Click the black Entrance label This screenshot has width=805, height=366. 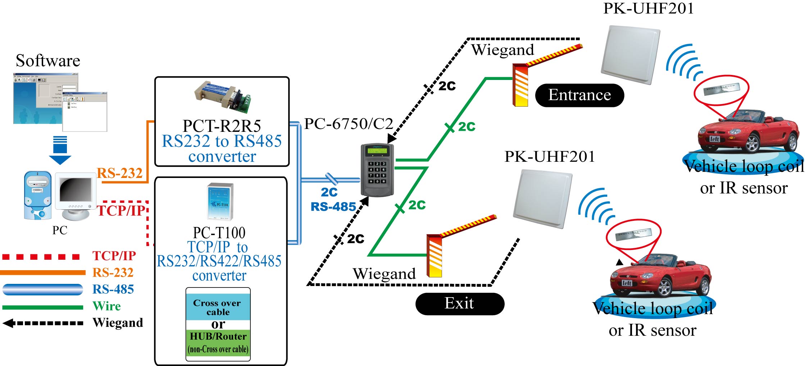(x=579, y=95)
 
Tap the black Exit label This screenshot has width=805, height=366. (x=459, y=304)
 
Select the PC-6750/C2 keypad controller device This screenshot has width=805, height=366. (x=377, y=170)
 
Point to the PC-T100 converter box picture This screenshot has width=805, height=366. (x=220, y=201)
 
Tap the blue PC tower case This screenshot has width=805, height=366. (x=38, y=195)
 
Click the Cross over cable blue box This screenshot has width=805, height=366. (x=218, y=307)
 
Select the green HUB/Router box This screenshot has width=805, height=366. (x=218, y=343)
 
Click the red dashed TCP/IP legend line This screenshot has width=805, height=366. (x=41, y=257)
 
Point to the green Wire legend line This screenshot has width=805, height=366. (x=42, y=307)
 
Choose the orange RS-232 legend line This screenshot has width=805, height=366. (x=42, y=273)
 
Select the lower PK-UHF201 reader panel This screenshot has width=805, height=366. (x=543, y=198)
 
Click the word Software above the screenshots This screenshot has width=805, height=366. (x=48, y=61)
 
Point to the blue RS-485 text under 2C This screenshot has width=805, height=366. (x=333, y=207)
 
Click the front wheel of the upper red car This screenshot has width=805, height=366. (x=752, y=144)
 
